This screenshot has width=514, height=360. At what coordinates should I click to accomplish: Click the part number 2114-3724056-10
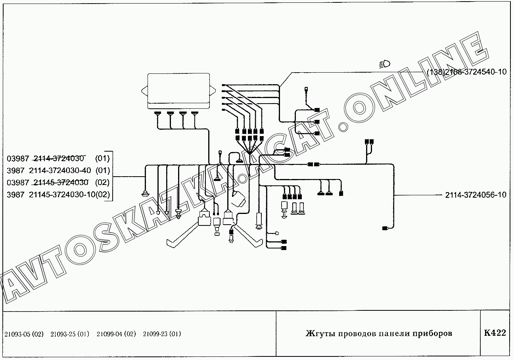(x=476, y=195)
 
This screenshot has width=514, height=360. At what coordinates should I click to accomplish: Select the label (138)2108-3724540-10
(x=467, y=72)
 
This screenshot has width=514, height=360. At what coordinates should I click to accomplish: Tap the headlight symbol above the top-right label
(x=385, y=64)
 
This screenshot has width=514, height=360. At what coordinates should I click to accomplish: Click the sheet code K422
(x=495, y=333)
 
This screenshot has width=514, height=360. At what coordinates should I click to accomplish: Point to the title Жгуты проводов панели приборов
(x=379, y=333)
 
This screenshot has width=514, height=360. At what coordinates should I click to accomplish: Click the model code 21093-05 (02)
(x=24, y=334)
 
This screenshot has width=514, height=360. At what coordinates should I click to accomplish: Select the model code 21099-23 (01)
(x=162, y=334)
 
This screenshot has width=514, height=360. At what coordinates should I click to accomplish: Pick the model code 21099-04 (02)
(x=116, y=334)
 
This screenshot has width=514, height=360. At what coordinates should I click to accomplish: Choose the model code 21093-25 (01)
(x=70, y=334)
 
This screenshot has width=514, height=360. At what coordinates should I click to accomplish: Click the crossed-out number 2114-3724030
(x=59, y=158)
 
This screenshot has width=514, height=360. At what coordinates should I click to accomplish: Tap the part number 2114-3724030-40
(x=60, y=170)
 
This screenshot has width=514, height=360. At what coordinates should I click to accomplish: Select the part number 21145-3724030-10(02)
(x=69, y=195)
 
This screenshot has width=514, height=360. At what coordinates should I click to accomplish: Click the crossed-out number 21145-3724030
(x=61, y=183)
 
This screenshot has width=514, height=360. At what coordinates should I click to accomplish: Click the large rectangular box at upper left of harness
(x=178, y=91)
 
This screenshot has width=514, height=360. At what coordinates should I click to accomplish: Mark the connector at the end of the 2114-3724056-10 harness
(x=385, y=228)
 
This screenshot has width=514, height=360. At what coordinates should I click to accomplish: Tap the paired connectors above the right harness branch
(x=369, y=141)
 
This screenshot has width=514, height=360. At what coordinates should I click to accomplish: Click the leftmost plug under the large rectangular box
(x=157, y=113)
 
